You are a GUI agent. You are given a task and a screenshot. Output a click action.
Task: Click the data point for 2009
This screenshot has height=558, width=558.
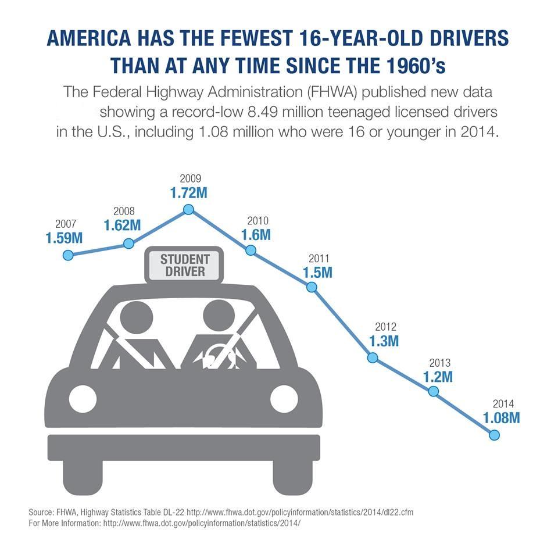tap(188, 210)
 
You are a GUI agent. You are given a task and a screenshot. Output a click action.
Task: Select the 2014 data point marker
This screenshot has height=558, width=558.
tap(495, 435)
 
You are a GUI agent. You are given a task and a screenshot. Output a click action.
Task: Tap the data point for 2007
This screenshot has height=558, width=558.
tap(68, 255)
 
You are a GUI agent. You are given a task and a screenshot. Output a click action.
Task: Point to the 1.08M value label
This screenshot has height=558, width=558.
tap(501, 417)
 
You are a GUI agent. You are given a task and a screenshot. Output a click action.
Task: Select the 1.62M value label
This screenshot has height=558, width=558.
tap(122, 226)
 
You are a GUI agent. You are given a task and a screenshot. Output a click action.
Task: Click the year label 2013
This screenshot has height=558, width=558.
tap(439, 362)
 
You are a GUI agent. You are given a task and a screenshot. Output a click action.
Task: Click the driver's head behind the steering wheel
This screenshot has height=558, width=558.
tap(220, 317)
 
